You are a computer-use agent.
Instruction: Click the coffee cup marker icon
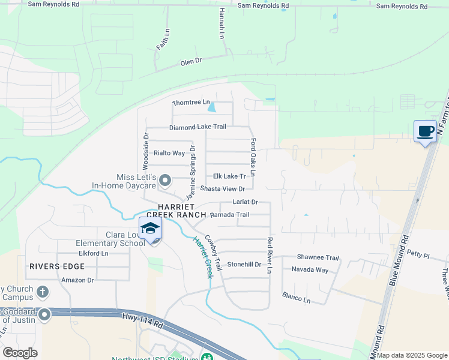[x=426, y=131]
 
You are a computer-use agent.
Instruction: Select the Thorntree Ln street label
[x=191, y=103]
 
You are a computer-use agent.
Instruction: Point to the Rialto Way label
[x=169, y=153]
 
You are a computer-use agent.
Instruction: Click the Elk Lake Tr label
[x=230, y=176]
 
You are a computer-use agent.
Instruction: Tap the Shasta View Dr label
[x=223, y=188]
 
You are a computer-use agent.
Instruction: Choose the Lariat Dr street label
[x=245, y=202]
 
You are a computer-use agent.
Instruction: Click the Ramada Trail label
[x=229, y=214]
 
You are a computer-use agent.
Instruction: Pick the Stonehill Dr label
[x=244, y=264]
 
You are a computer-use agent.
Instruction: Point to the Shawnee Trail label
[x=318, y=257]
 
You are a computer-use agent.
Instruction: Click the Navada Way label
[x=310, y=270]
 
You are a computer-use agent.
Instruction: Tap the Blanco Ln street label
[x=297, y=296]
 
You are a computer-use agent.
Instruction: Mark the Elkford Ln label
[x=92, y=253]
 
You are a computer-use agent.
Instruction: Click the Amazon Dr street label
[x=78, y=280]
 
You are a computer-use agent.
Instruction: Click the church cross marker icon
[x=42, y=292]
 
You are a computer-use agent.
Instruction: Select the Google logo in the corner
[x=20, y=353]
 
